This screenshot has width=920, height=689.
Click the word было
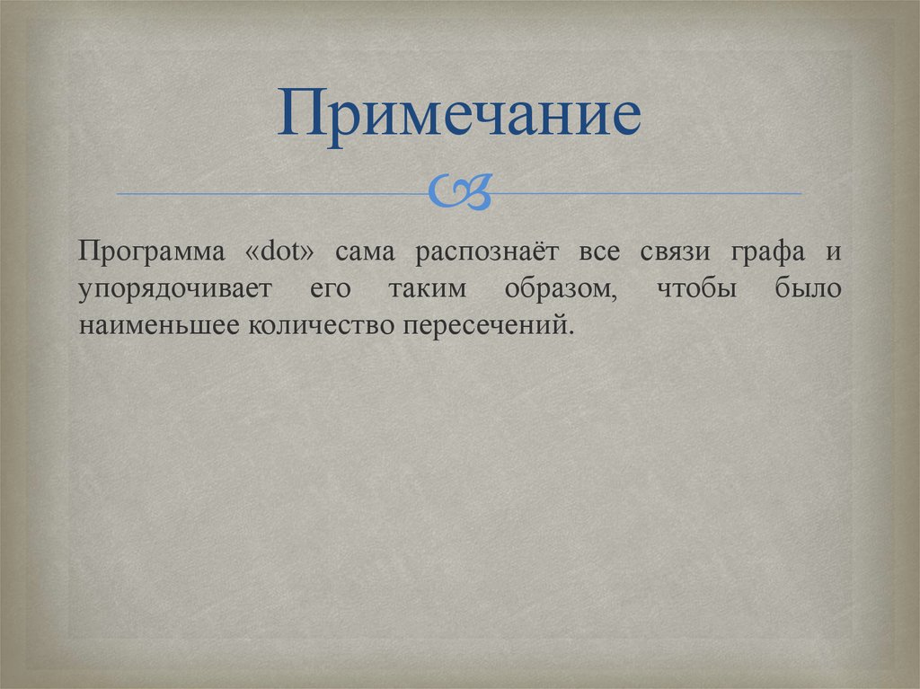[x=806, y=289]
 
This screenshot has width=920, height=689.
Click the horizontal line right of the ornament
[x=647, y=193]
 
